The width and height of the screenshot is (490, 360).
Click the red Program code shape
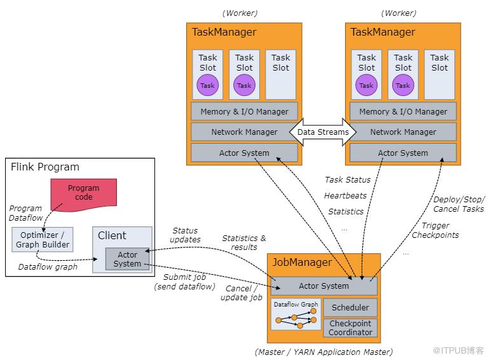point(83,193)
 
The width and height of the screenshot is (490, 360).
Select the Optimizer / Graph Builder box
point(43,239)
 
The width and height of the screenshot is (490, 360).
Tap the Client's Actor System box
point(127,260)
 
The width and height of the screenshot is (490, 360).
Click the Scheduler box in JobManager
point(350,308)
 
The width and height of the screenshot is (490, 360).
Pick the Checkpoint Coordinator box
point(350,328)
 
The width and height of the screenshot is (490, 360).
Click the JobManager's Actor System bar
point(324,286)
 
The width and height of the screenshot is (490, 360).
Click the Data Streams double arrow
point(323,132)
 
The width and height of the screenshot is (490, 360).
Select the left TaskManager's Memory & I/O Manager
point(244,111)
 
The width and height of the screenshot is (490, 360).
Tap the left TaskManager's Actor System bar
point(244,153)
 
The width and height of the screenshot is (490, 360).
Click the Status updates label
point(185,235)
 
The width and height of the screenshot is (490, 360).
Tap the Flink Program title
point(45,167)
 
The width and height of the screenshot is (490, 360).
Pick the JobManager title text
point(303,262)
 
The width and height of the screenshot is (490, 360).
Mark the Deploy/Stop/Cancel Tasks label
point(458,204)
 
